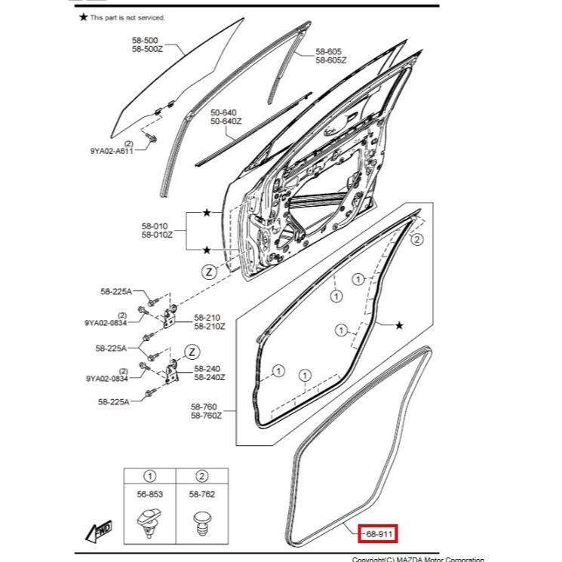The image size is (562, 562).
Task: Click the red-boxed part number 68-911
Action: point(376,533)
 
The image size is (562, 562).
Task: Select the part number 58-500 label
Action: point(145,39)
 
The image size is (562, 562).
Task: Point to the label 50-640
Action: point(223,112)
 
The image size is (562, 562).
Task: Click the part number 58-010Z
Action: point(156,235)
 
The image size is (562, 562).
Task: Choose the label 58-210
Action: point(207,318)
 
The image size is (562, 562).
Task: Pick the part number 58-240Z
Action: point(209,377)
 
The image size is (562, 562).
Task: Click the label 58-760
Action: point(205,406)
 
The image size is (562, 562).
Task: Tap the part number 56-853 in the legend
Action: point(150,494)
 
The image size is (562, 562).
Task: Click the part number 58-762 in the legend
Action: point(201,494)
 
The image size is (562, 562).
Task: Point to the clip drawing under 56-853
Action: point(149,522)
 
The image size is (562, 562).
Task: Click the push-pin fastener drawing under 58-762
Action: point(201,523)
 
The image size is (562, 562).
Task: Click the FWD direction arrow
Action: point(99,532)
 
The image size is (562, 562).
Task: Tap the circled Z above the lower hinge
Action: point(192,352)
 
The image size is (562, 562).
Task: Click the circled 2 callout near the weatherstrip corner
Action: point(416,240)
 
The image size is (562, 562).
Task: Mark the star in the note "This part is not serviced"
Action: point(84,17)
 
